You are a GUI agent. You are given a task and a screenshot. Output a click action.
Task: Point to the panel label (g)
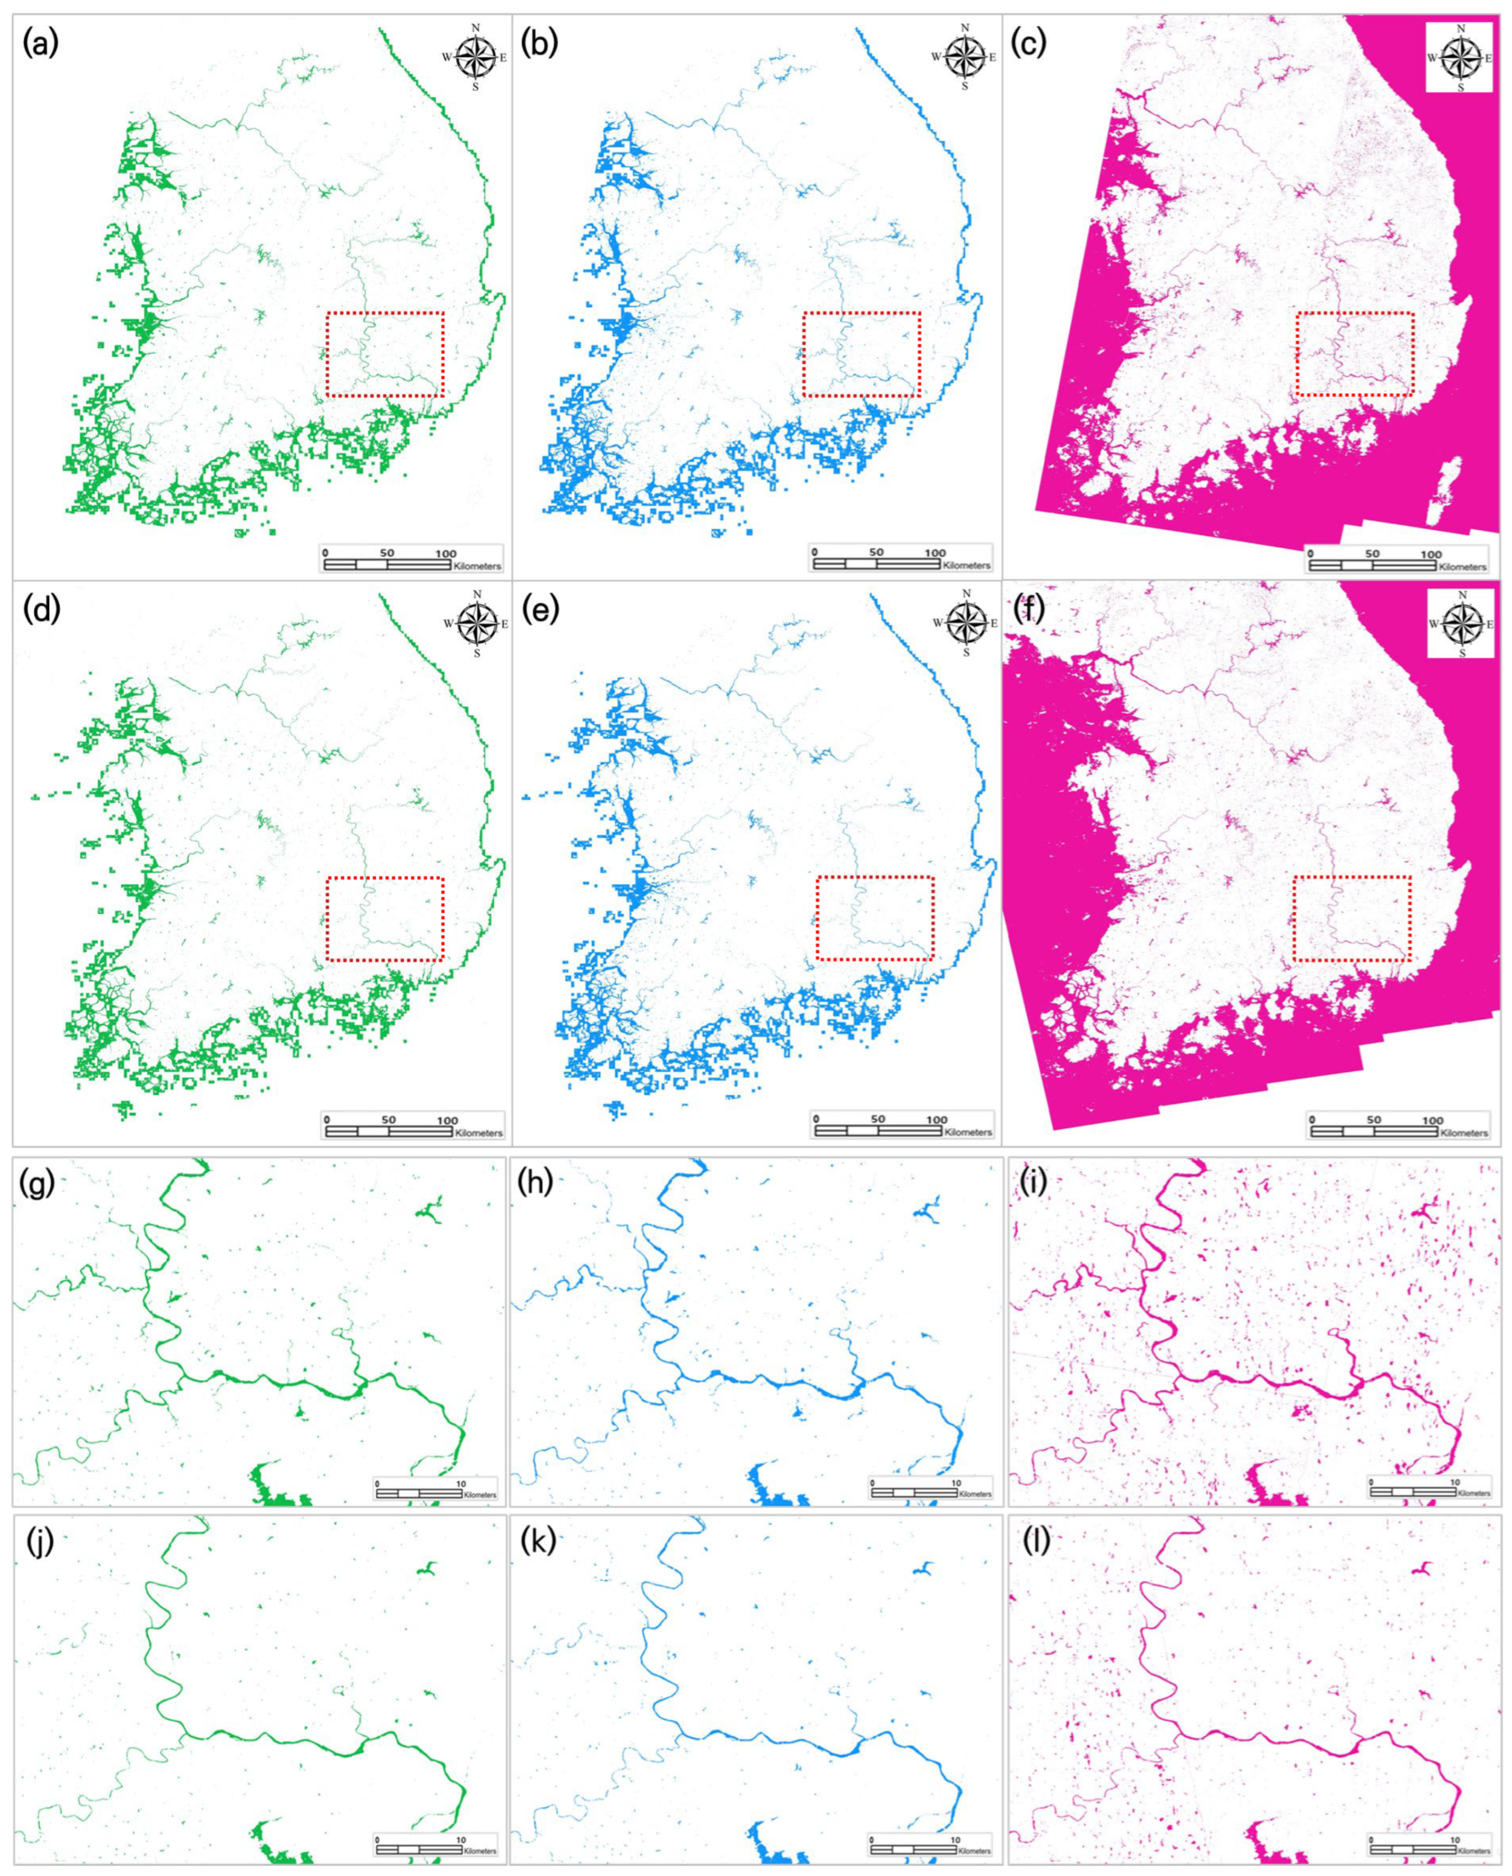pyautogui.click(x=37, y=1184)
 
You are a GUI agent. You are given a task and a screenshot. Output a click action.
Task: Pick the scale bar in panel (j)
pyautogui.click(x=436, y=1845)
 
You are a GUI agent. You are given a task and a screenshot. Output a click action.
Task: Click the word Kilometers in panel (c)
pyautogui.click(x=1463, y=567)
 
